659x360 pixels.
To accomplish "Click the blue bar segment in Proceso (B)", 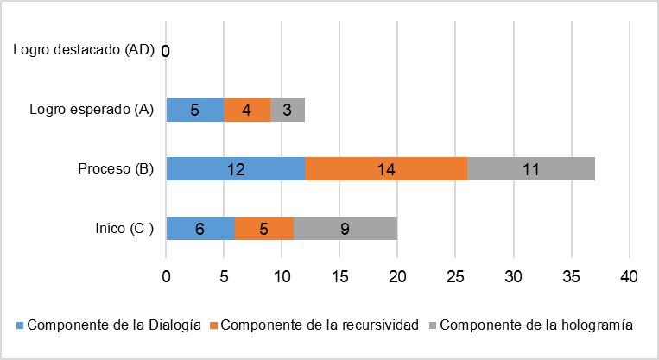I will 235,169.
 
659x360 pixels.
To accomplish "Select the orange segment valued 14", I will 386,169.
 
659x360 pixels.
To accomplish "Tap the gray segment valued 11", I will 531,169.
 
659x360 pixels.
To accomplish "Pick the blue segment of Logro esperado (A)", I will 194,110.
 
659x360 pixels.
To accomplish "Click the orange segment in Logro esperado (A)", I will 247,110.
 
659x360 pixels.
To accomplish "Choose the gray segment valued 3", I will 288,110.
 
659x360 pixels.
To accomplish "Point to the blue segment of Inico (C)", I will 200,229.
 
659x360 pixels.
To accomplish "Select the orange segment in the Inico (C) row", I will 264,229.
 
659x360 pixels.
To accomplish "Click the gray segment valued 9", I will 345,229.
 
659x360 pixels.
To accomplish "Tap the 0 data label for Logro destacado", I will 165,52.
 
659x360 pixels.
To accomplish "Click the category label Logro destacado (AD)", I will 84,50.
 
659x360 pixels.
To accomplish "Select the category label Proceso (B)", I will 116,169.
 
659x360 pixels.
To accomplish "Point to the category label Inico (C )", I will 124,229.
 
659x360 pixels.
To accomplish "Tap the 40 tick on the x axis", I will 629,278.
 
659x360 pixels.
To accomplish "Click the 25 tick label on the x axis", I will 455,278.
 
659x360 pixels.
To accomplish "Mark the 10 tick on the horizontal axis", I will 282,278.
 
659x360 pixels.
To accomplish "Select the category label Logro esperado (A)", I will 91,110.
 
